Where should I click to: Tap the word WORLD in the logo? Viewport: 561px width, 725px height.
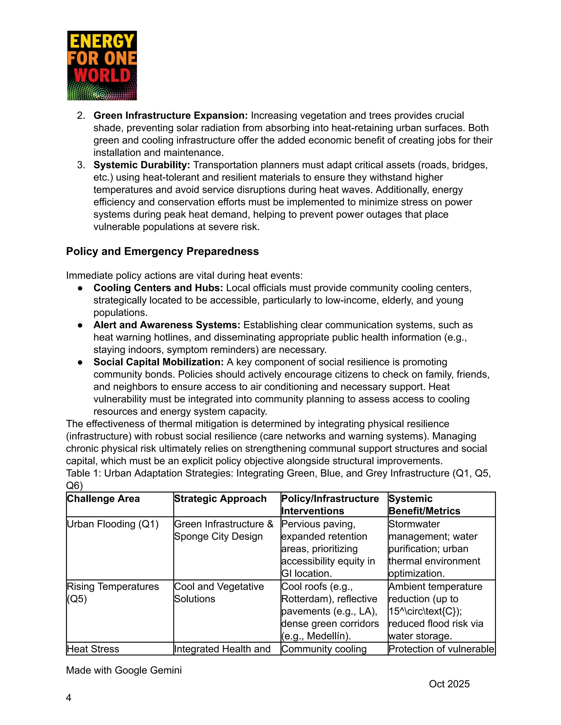pos(102,75)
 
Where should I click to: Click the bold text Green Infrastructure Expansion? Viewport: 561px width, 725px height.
pos(170,115)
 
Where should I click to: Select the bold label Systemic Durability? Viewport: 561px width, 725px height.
pos(142,165)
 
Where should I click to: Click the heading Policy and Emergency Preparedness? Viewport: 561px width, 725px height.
pos(162,251)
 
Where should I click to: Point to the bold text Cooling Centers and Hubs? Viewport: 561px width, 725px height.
pos(158,288)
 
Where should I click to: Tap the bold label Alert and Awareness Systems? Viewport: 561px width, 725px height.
pos(167,325)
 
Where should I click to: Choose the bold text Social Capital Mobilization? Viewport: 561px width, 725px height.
pos(159,362)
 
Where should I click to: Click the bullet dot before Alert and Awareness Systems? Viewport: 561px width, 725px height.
pos(80,325)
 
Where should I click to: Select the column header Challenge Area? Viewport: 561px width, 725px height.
pos(103,498)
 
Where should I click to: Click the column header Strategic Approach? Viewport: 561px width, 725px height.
pos(220,498)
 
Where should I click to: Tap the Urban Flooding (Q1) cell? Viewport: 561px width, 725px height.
pos(113,524)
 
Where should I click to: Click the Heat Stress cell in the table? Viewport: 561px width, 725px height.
pos(93,649)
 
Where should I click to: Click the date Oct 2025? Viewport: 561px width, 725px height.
pos(449,684)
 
